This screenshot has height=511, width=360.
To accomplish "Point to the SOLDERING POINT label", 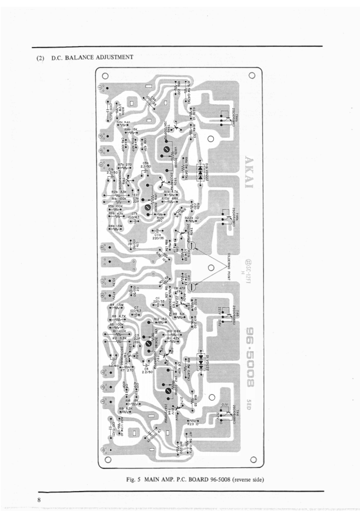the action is coord(230,262).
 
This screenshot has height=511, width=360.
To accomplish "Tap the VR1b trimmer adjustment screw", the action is coord(147,208).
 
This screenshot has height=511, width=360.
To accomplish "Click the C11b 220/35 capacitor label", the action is coord(159,234).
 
